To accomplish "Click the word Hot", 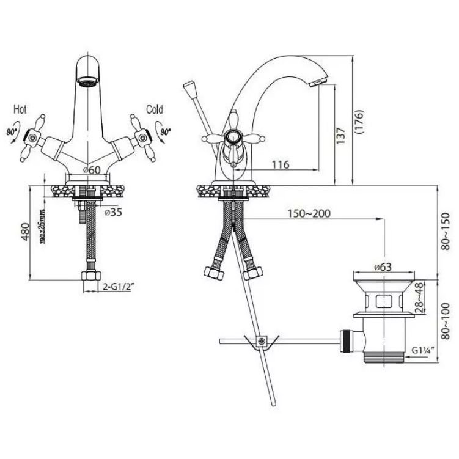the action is (20, 109).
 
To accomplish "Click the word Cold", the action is (155, 109).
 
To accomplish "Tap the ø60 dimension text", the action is (92, 170).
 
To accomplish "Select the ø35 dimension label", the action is (113, 212).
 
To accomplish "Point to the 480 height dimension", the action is (26, 232).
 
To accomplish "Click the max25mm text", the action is (43, 226).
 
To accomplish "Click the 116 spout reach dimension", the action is (281, 165).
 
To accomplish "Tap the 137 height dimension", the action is (340, 136).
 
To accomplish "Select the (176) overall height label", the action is (359, 122).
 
